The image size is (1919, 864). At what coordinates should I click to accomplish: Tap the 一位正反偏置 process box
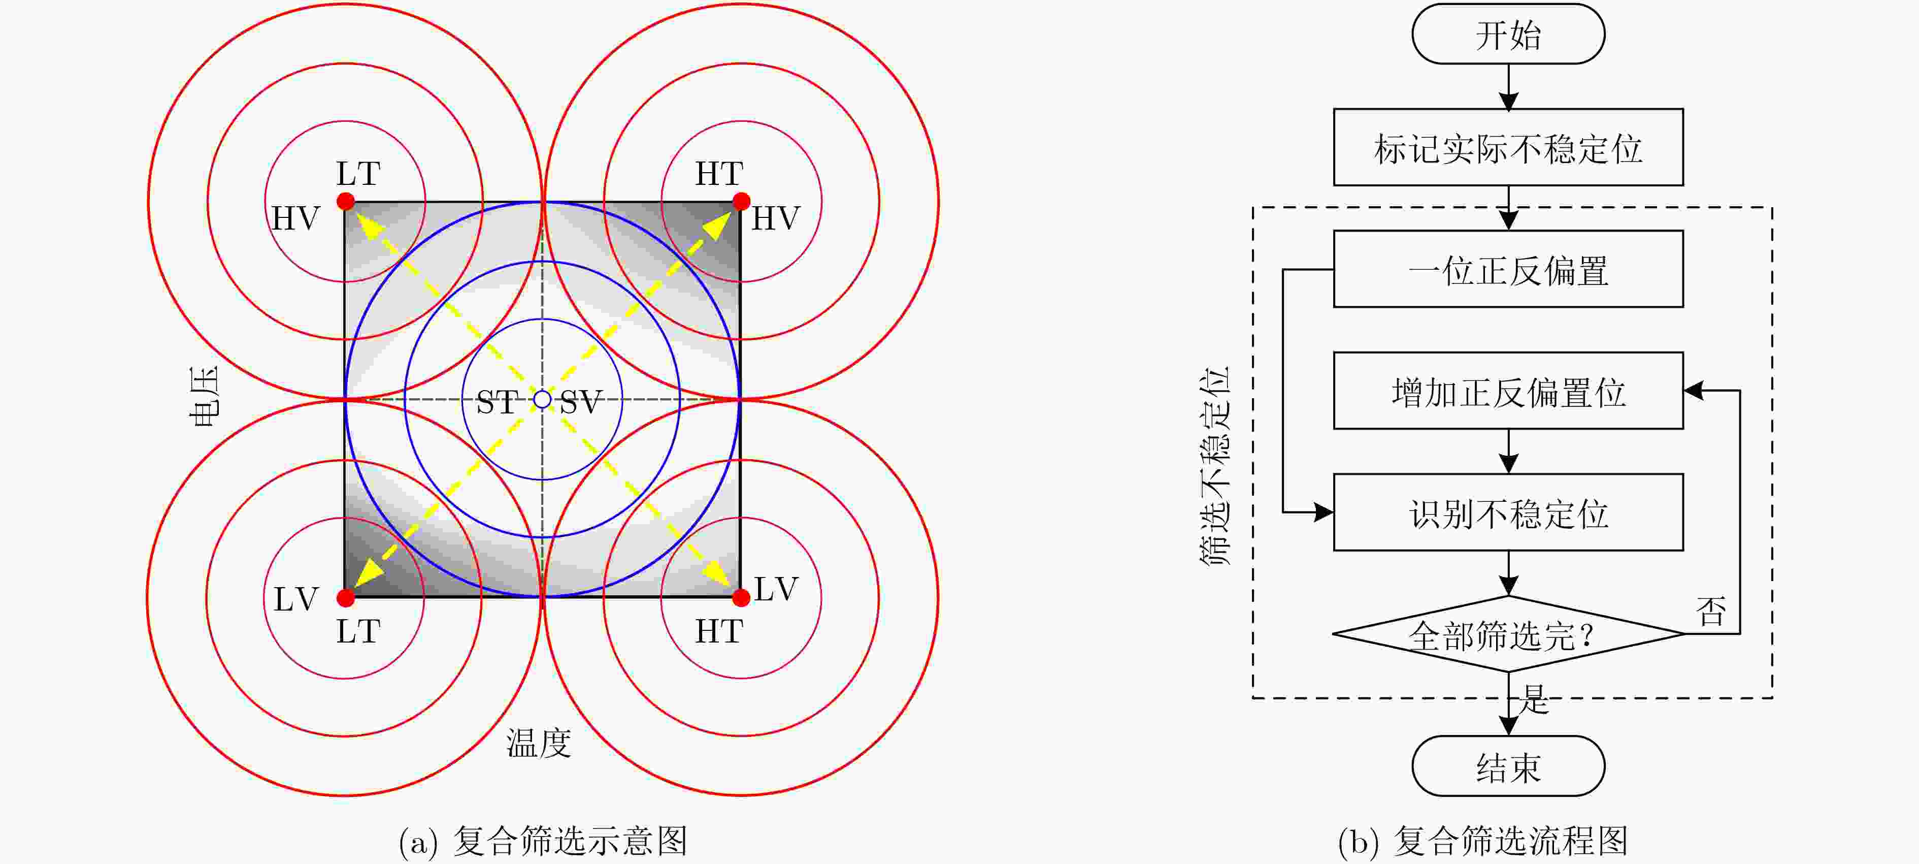pyautogui.click(x=1508, y=269)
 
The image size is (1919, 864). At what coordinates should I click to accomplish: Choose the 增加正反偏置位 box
pyautogui.click(x=1508, y=391)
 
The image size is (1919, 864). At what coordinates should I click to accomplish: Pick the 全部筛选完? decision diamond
pyautogui.click(x=1508, y=634)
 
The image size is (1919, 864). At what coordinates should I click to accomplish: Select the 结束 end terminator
pyautogui.click(x=1508, y=766)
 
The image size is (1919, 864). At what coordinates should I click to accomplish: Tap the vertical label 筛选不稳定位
pyautogui.click(x=1214, y=465)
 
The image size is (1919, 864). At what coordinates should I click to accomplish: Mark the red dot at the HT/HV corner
pyautogui.click(x=741, y=201)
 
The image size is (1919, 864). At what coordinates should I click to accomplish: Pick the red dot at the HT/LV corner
pyautogui.click(x=741, y=598)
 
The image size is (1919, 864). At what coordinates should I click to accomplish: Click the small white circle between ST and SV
pyautogui.click(x=542, y=400)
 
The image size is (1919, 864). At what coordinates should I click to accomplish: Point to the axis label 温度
pyautogui.click(x=539, y=743)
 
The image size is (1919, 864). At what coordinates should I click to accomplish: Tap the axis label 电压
pyautogui.click(x=204, y=397)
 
